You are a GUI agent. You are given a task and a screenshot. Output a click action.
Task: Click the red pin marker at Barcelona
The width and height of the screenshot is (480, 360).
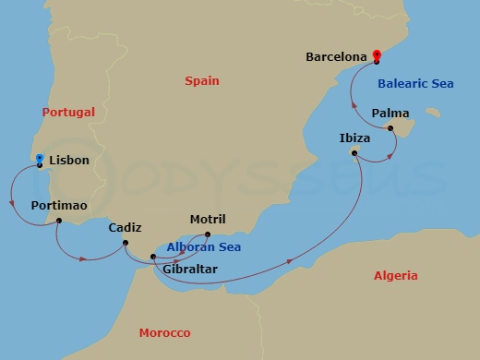pos(377,55)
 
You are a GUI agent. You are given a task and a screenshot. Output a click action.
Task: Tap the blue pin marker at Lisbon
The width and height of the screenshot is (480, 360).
pos(39,160)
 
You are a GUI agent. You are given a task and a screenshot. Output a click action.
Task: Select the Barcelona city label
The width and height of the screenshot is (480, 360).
pos(337,56)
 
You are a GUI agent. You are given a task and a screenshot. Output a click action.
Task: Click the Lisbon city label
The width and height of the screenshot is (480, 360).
pos(69,161)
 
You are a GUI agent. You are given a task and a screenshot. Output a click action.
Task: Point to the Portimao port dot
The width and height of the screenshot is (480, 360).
pos(59,221)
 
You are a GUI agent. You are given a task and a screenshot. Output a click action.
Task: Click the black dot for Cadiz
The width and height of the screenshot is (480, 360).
pos(125,244)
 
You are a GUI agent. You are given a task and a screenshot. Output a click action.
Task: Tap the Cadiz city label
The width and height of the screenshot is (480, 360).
pos(125,228)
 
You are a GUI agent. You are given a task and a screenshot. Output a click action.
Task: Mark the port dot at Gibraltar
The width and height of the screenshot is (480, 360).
pos(153,257)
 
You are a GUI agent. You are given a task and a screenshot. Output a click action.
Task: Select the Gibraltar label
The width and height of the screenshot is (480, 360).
pos(189,270)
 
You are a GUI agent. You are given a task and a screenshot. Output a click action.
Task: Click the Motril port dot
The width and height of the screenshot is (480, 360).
pos(207,234)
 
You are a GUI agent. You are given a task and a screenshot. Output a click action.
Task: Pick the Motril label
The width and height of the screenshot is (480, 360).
pos(207,220)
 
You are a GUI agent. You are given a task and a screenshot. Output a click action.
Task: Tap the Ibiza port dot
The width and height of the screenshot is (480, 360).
pos(355,153)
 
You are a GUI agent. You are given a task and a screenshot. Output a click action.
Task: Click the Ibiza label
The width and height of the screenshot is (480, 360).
pos(354,138)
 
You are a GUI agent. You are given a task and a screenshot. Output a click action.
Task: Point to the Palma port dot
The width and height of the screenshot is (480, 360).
pos(390,128)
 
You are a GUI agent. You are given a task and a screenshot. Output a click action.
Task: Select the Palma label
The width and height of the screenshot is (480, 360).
pos(390,114)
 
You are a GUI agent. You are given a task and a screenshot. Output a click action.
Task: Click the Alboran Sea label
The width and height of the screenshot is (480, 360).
pos(203,247)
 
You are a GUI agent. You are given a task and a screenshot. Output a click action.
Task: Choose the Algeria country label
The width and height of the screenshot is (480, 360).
pos(395,276)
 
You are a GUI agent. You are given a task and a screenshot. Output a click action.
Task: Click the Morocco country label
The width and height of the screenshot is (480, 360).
pos(164,332)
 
